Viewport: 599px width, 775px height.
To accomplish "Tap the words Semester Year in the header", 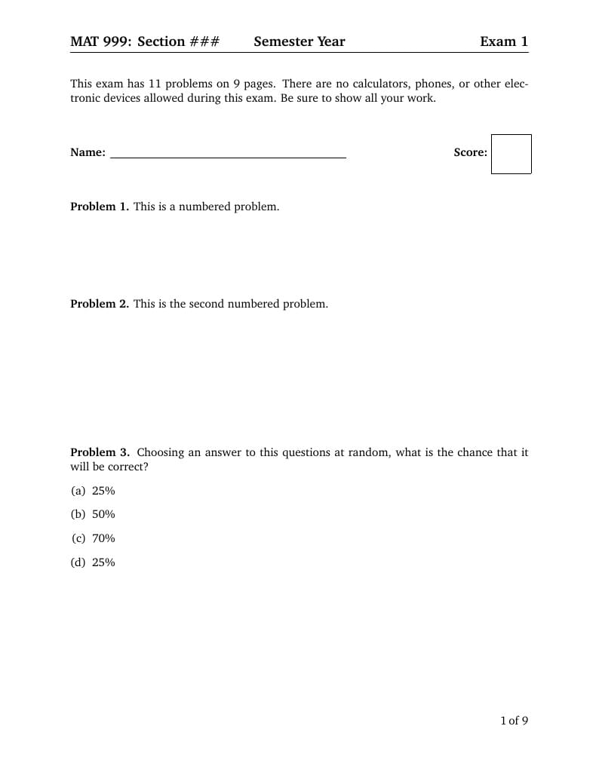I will (299, 41).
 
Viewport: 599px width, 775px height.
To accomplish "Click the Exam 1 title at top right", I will (504, 41).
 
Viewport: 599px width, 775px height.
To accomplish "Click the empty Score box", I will (511, 154).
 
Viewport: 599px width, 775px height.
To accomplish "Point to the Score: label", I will (470, 152).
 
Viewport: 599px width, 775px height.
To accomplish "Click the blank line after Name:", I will (228, 154).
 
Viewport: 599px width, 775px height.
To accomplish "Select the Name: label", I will (88, 152).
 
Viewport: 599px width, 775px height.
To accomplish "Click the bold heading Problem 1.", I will (100, 207).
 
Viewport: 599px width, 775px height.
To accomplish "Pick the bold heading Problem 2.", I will (100, 304).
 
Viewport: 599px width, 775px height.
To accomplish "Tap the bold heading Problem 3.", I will (100, 452).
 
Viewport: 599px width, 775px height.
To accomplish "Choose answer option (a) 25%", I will (94, 491).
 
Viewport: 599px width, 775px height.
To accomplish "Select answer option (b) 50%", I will (94, 514).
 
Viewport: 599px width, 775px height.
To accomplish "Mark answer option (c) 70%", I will (94, 538).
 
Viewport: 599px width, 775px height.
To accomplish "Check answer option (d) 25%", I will (94, 562).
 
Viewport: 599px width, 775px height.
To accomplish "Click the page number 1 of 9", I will (514, 721).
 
